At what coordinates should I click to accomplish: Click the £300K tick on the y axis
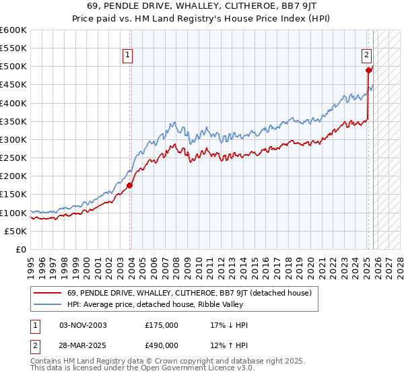(13, 139)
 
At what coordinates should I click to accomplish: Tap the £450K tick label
(13, 85)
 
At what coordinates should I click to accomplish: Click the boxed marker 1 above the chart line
(127, 56)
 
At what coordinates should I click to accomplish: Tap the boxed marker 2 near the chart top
(366, 56)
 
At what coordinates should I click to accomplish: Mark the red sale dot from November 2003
(130, 185)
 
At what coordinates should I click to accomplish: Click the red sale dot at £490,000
(368, 70)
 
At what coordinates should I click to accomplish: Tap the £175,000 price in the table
(162, 325)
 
